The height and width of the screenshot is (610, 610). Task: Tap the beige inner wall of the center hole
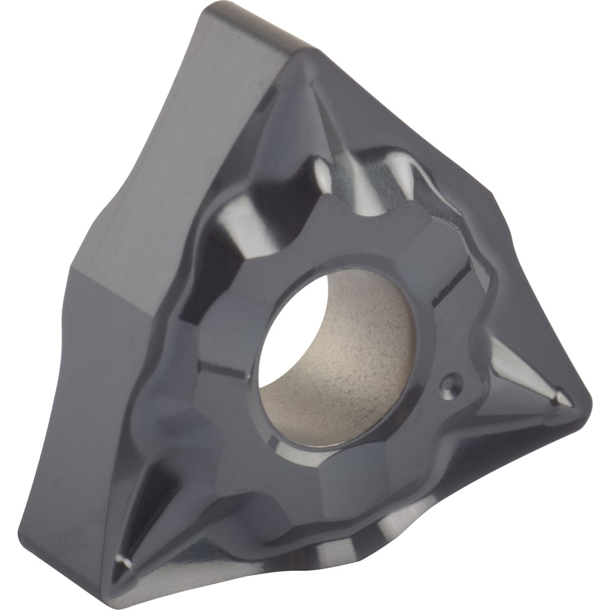coord(366,360)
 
